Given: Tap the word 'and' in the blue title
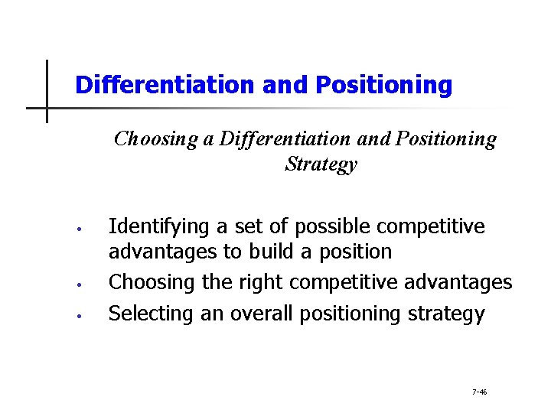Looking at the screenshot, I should [x=283, y=85].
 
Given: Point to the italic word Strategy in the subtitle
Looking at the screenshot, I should [x=321, y=164].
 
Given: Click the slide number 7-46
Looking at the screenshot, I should [x=479, y=392].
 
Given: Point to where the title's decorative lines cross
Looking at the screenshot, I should [x=47, y=108].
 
